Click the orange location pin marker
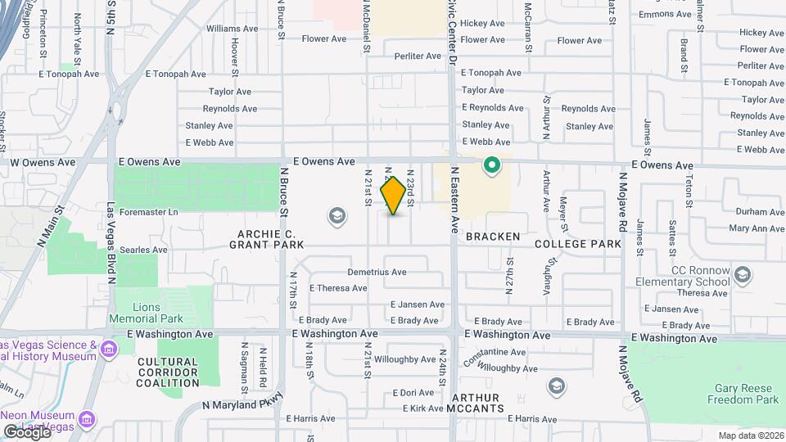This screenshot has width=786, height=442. coord(394,196)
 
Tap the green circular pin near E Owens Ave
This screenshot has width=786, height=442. coord(492,166)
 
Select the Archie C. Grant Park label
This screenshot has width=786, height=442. coord(266,238)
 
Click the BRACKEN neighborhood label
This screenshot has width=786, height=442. coord(493,237)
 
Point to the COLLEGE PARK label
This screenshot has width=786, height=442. coord(577,244)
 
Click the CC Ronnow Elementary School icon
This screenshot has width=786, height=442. coord(743,274)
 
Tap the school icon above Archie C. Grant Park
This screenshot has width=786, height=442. coord(336,216)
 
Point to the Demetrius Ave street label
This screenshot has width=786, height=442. coord(377,272)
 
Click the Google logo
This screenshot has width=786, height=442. coord(27,431)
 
